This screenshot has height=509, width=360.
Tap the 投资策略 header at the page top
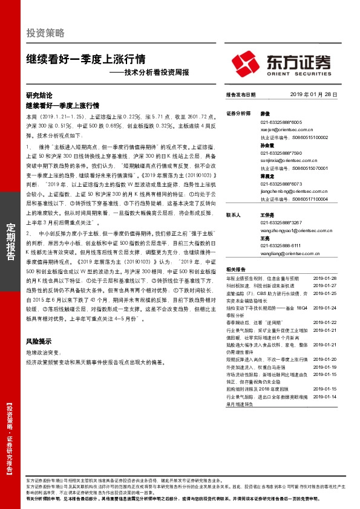45,33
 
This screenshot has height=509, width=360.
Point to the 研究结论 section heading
39,96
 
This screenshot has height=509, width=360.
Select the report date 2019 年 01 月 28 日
313,96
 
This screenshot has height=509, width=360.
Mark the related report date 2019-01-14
326,396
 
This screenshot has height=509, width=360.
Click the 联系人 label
234,214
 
